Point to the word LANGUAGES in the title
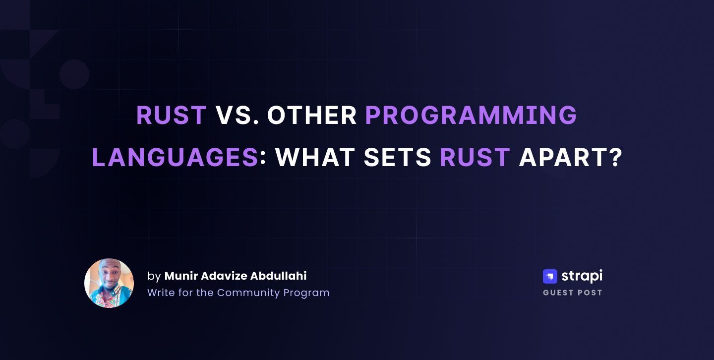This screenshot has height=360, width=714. click(175, 157)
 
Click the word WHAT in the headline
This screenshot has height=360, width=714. click(315, 157)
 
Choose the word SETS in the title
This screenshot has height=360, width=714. click(398, 157)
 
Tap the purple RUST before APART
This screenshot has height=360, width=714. click(475, 157)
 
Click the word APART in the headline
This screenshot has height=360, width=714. click(563, 157)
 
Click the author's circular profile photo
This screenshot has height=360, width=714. click(109, 283)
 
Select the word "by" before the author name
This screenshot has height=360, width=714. click(154, 277)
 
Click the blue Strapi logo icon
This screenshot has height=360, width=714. click(550, 277)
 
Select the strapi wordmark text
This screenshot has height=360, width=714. click(582, 276)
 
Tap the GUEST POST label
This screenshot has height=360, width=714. click(573, 293)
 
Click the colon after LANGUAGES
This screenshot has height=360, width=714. click(263, 158)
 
